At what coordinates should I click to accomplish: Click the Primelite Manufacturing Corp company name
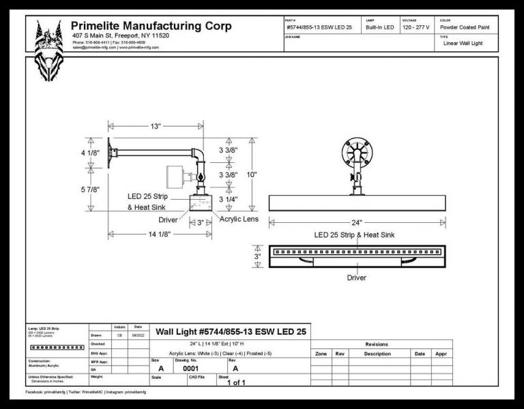pyautogui.click(x=151, y=27)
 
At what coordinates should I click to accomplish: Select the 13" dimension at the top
pyautogui.click(x=156, y=126)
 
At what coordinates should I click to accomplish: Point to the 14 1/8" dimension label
pyautogui.click(x=156, y=234)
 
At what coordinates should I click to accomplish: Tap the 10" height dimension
pyautogui.click(x=252, y=175)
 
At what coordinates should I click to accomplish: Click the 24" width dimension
pyautogui.click(x=356, y=222)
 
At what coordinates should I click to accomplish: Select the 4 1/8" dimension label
pyautogui.click(x=91, y=153)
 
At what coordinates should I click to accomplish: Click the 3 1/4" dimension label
pyautogui.click(x=228, y=199)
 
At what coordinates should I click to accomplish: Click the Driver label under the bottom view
pyautogui.click(x=356, y=277)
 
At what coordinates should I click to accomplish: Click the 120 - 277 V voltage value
pyautogui.click(x=417, y=27)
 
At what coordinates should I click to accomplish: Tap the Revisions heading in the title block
pyautogui.click(x=377, y=344)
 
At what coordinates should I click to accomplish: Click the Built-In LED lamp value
pyautogui.click(x=380, y=27)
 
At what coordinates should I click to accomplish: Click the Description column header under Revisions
pyautogui.click(x=377, y=354)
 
